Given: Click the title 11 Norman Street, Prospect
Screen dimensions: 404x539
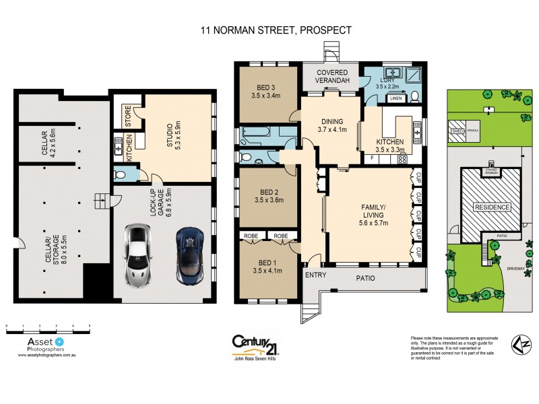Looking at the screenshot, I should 276,30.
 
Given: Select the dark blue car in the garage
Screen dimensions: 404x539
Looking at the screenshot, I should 189,255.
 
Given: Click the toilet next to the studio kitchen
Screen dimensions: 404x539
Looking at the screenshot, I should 121,174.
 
